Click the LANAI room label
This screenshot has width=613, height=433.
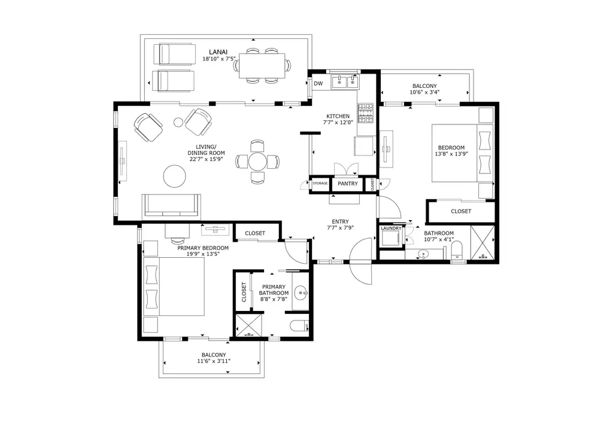pyautogui.click(x=218, y=52)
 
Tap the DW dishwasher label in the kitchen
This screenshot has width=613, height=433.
pyautogui.click(x=318, y=84)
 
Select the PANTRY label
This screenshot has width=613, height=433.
pyautogui.click(x=348, y=184)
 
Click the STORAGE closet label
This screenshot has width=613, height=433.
pyautogui.click(x=320, y=183)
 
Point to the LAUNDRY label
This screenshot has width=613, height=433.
pyautogui.click(x=391, y=228)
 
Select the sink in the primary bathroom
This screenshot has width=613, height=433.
pyautogui.click(x=301, y=292)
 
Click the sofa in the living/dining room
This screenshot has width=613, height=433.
pyautogui.click(x=171, y=205)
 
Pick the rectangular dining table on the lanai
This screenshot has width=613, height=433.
pyautogui.click(x=262, y=65)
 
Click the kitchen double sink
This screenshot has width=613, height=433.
pyautogui.click(x=345, y=83)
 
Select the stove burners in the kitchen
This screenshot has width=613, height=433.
pyautogui.click(x=366, y=113)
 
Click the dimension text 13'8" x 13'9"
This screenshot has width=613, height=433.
pyautogui.click(x=451, y=154)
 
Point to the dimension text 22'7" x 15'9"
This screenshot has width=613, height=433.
pyautogui.click(x=206, y=159)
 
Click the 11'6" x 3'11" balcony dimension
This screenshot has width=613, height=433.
pyautogui.click(x=214, y=361)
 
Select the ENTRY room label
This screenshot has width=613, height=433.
pyautogui.click(x=340, y=222)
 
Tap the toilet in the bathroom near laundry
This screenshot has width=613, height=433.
pyautogui.click(x=457, y=250)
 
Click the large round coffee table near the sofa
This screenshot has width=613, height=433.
pyautogui.click(x=175, y=176)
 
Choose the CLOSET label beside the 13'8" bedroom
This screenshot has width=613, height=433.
pyautogui.click(x=461, y=211)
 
